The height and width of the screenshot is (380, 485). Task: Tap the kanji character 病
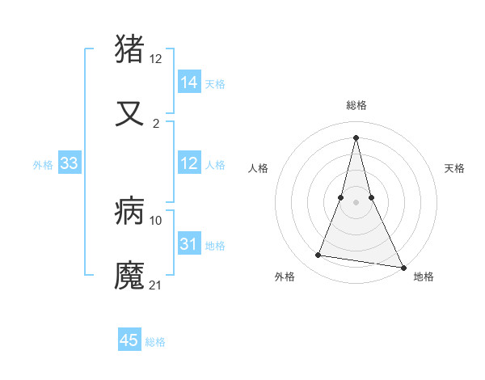(130, 212)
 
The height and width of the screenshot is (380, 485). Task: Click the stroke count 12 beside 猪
(156, 59)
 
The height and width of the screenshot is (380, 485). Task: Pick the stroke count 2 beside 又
(156, 124)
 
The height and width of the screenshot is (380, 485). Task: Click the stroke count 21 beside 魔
(156, 285)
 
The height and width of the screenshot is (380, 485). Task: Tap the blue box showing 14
(189, 82)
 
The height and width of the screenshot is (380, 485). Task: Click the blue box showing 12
(189, 163)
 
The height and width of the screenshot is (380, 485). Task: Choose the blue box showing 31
(189, 244)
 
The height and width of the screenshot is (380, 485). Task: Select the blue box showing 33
(70, 163)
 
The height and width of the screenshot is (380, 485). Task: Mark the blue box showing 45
(129, 340)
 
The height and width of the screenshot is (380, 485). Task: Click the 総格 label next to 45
(156, 342)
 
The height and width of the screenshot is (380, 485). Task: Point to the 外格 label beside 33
(43, 165)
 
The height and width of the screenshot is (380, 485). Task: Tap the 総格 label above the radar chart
(356, 106)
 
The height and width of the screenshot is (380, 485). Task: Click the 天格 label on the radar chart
(455, 168)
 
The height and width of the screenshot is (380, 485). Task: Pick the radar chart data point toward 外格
(318, 255)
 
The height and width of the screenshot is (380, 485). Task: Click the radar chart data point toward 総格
(356, 137)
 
